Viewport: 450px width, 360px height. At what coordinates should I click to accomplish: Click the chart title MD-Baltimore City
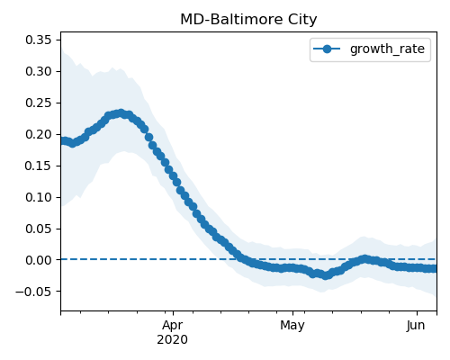tap(248, 20)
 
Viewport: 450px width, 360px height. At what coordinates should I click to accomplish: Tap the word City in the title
tap(302, 20)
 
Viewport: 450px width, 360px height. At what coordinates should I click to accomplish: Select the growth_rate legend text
tap(387, 49)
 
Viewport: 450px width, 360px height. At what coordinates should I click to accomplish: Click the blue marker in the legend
tap(327, 49)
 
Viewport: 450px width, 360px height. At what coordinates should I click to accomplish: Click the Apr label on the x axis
tap(173, 326)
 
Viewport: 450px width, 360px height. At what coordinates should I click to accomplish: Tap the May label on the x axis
tap(292, 326)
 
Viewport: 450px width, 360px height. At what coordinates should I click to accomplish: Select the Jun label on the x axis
tap(416, 326)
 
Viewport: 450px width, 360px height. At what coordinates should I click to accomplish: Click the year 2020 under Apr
tap(173, 340)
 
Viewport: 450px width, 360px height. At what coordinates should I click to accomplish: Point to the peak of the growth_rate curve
tap(121, 113)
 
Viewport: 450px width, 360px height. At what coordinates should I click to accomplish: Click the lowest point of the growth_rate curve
tap(326, 275)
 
